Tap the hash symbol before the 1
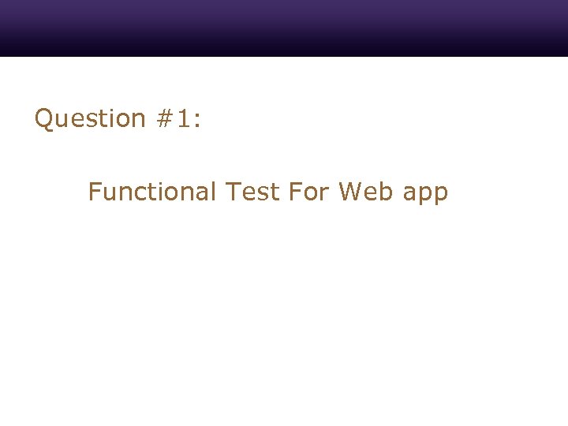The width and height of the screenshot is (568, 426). pos(165,118)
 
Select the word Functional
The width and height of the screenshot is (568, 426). pos(151,192)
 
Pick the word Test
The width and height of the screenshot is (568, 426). pos(252,192)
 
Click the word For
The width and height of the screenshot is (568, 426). pos(308,192)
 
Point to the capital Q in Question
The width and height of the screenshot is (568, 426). pos(44,118)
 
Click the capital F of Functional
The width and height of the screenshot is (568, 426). pos(94,192)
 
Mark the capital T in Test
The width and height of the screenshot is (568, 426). pos(233,192)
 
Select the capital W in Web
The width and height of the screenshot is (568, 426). pos(351,192)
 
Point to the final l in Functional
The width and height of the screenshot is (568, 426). pos(213,192)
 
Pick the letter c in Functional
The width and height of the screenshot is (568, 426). pos(136,194)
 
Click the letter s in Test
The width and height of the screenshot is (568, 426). pos(262,194)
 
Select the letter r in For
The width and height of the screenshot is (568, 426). pos(324,194)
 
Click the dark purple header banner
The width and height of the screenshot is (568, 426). pos(284,28)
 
